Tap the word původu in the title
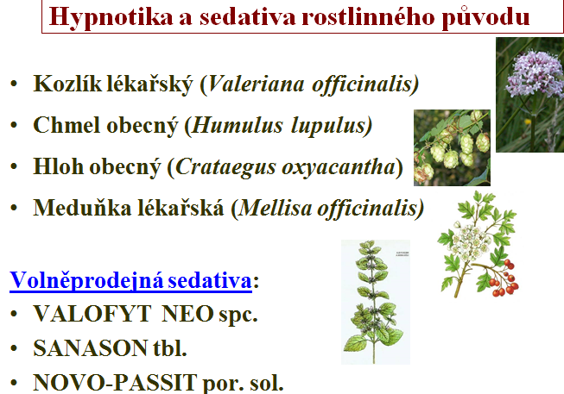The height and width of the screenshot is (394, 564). click(x=485, y=17)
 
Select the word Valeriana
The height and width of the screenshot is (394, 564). click(x=256, y=84)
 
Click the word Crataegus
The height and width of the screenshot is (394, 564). click(x=225, y=167)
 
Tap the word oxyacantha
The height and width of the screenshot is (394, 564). click(x=339, y=168)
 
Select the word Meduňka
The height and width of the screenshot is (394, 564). click(x=82, y=208)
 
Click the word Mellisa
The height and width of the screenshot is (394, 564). click(x=276, y=209)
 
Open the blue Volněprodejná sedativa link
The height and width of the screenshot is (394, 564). click(x=130, y=280)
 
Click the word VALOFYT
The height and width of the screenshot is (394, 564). click(x=92, y=314)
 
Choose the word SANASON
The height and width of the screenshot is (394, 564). click(x=91, y=348)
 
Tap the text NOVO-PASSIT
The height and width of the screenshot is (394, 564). click(x=115, y=383)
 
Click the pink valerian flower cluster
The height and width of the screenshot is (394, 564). click(x=535, y=73)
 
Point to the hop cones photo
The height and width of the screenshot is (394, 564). click(x=452, y=147)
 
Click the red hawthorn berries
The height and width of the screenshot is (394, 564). click(x=504, y=278)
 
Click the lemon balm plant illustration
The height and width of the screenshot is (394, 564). click(x=375, y=302)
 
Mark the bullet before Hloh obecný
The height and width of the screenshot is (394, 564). click(x=14, y=167)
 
